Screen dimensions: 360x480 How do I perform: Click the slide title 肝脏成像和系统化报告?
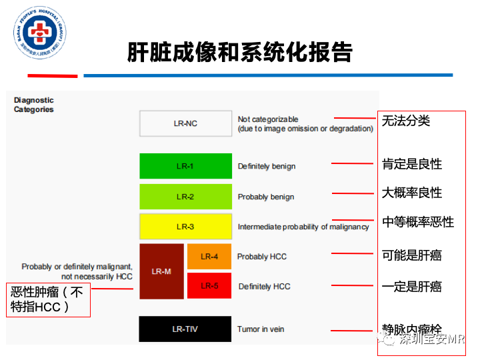click(240, 52)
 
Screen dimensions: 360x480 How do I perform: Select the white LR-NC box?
click(185, 123)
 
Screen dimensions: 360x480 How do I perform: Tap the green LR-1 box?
click(185, 166)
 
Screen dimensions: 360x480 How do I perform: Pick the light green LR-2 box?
click(185, 197)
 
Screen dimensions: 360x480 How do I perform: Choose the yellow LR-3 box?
click(185, 227)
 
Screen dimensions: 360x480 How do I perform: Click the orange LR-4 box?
click(209, 257)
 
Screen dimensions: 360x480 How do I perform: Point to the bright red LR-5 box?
click(209, 286)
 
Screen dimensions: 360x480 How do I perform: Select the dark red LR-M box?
click(161, 271)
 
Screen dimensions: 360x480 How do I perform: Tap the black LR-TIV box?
click(185, 329)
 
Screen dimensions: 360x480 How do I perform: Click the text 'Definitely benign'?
click(267, 167)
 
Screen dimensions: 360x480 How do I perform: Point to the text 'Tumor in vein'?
click(261, 329)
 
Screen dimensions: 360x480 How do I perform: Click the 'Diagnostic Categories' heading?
click(34, 105)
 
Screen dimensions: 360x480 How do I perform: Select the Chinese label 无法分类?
click(406, 121)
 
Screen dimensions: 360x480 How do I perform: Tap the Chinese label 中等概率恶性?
click(418, 222)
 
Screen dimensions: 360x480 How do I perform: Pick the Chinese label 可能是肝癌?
click(412, 255)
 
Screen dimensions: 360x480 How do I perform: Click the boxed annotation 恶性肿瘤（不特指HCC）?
click(48, 299)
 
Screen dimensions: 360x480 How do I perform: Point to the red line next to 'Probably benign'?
click(353, 193)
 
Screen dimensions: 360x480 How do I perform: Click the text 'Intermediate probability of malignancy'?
click(303, 227)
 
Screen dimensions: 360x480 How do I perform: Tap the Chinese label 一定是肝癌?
click(412, 287)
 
